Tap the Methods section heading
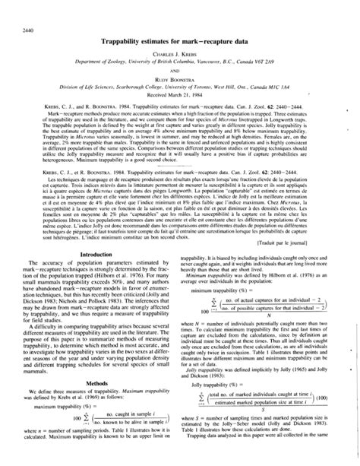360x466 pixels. (x=89, y=404)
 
